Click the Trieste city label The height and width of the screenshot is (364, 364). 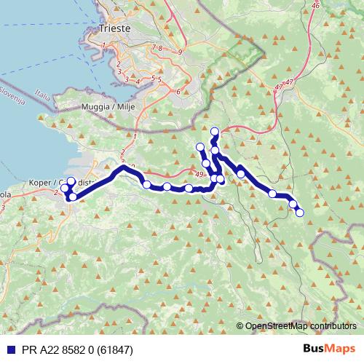pyautogui.click(x=114, y=30)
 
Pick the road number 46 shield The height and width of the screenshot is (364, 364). pyautogui.click(x=314, y=5)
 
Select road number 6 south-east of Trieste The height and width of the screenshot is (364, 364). pyautogui.click(x=178, y=92)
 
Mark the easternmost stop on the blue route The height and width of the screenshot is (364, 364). pyautogui.click(x=299, y=212)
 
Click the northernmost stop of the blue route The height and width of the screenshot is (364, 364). pyautogui.click(x=214, y=132)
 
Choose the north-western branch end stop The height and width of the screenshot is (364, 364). pyautogui.click(x=200, y=148)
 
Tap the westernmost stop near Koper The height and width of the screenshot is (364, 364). pyautogui.click(x=63, y=189)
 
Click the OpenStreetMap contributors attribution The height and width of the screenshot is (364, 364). pyautogui.click(x=299, y=326)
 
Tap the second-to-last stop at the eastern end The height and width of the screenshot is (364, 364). pyautogui.click(x=293, y=205)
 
